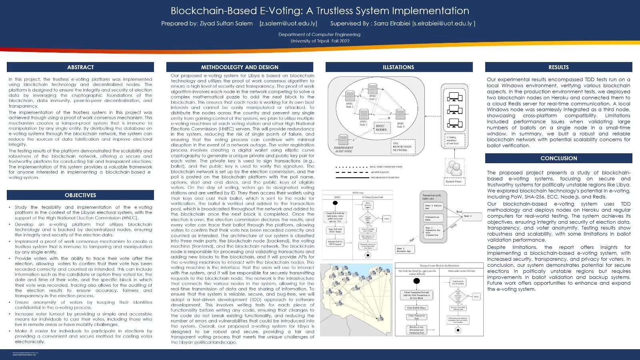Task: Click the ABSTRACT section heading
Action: [x=80, y=67]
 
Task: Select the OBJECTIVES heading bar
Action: [x=80, y=195]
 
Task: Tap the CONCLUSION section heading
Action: [x=558, y=158]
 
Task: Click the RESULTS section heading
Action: [x=558, y=67]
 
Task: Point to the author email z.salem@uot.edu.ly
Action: [x=288, y=24]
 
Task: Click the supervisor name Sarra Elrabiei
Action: [x=392, y=24]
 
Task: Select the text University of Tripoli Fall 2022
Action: [x=320, y=41]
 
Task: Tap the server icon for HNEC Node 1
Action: [x=372, y=89]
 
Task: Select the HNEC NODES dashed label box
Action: [x=381, y=127]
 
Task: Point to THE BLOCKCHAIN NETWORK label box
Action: [x=402, y=146]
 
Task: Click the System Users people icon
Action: [x=454, y=168]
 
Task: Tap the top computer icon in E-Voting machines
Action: [x=454, y=97]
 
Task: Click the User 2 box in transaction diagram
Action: [x=468, y=216]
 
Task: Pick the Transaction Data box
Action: [x=432, y=218]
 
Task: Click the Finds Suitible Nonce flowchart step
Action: [x=416, y=308]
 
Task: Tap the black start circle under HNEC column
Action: [x=336, y=203]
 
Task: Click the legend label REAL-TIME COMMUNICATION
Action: [x=386, y=167]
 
